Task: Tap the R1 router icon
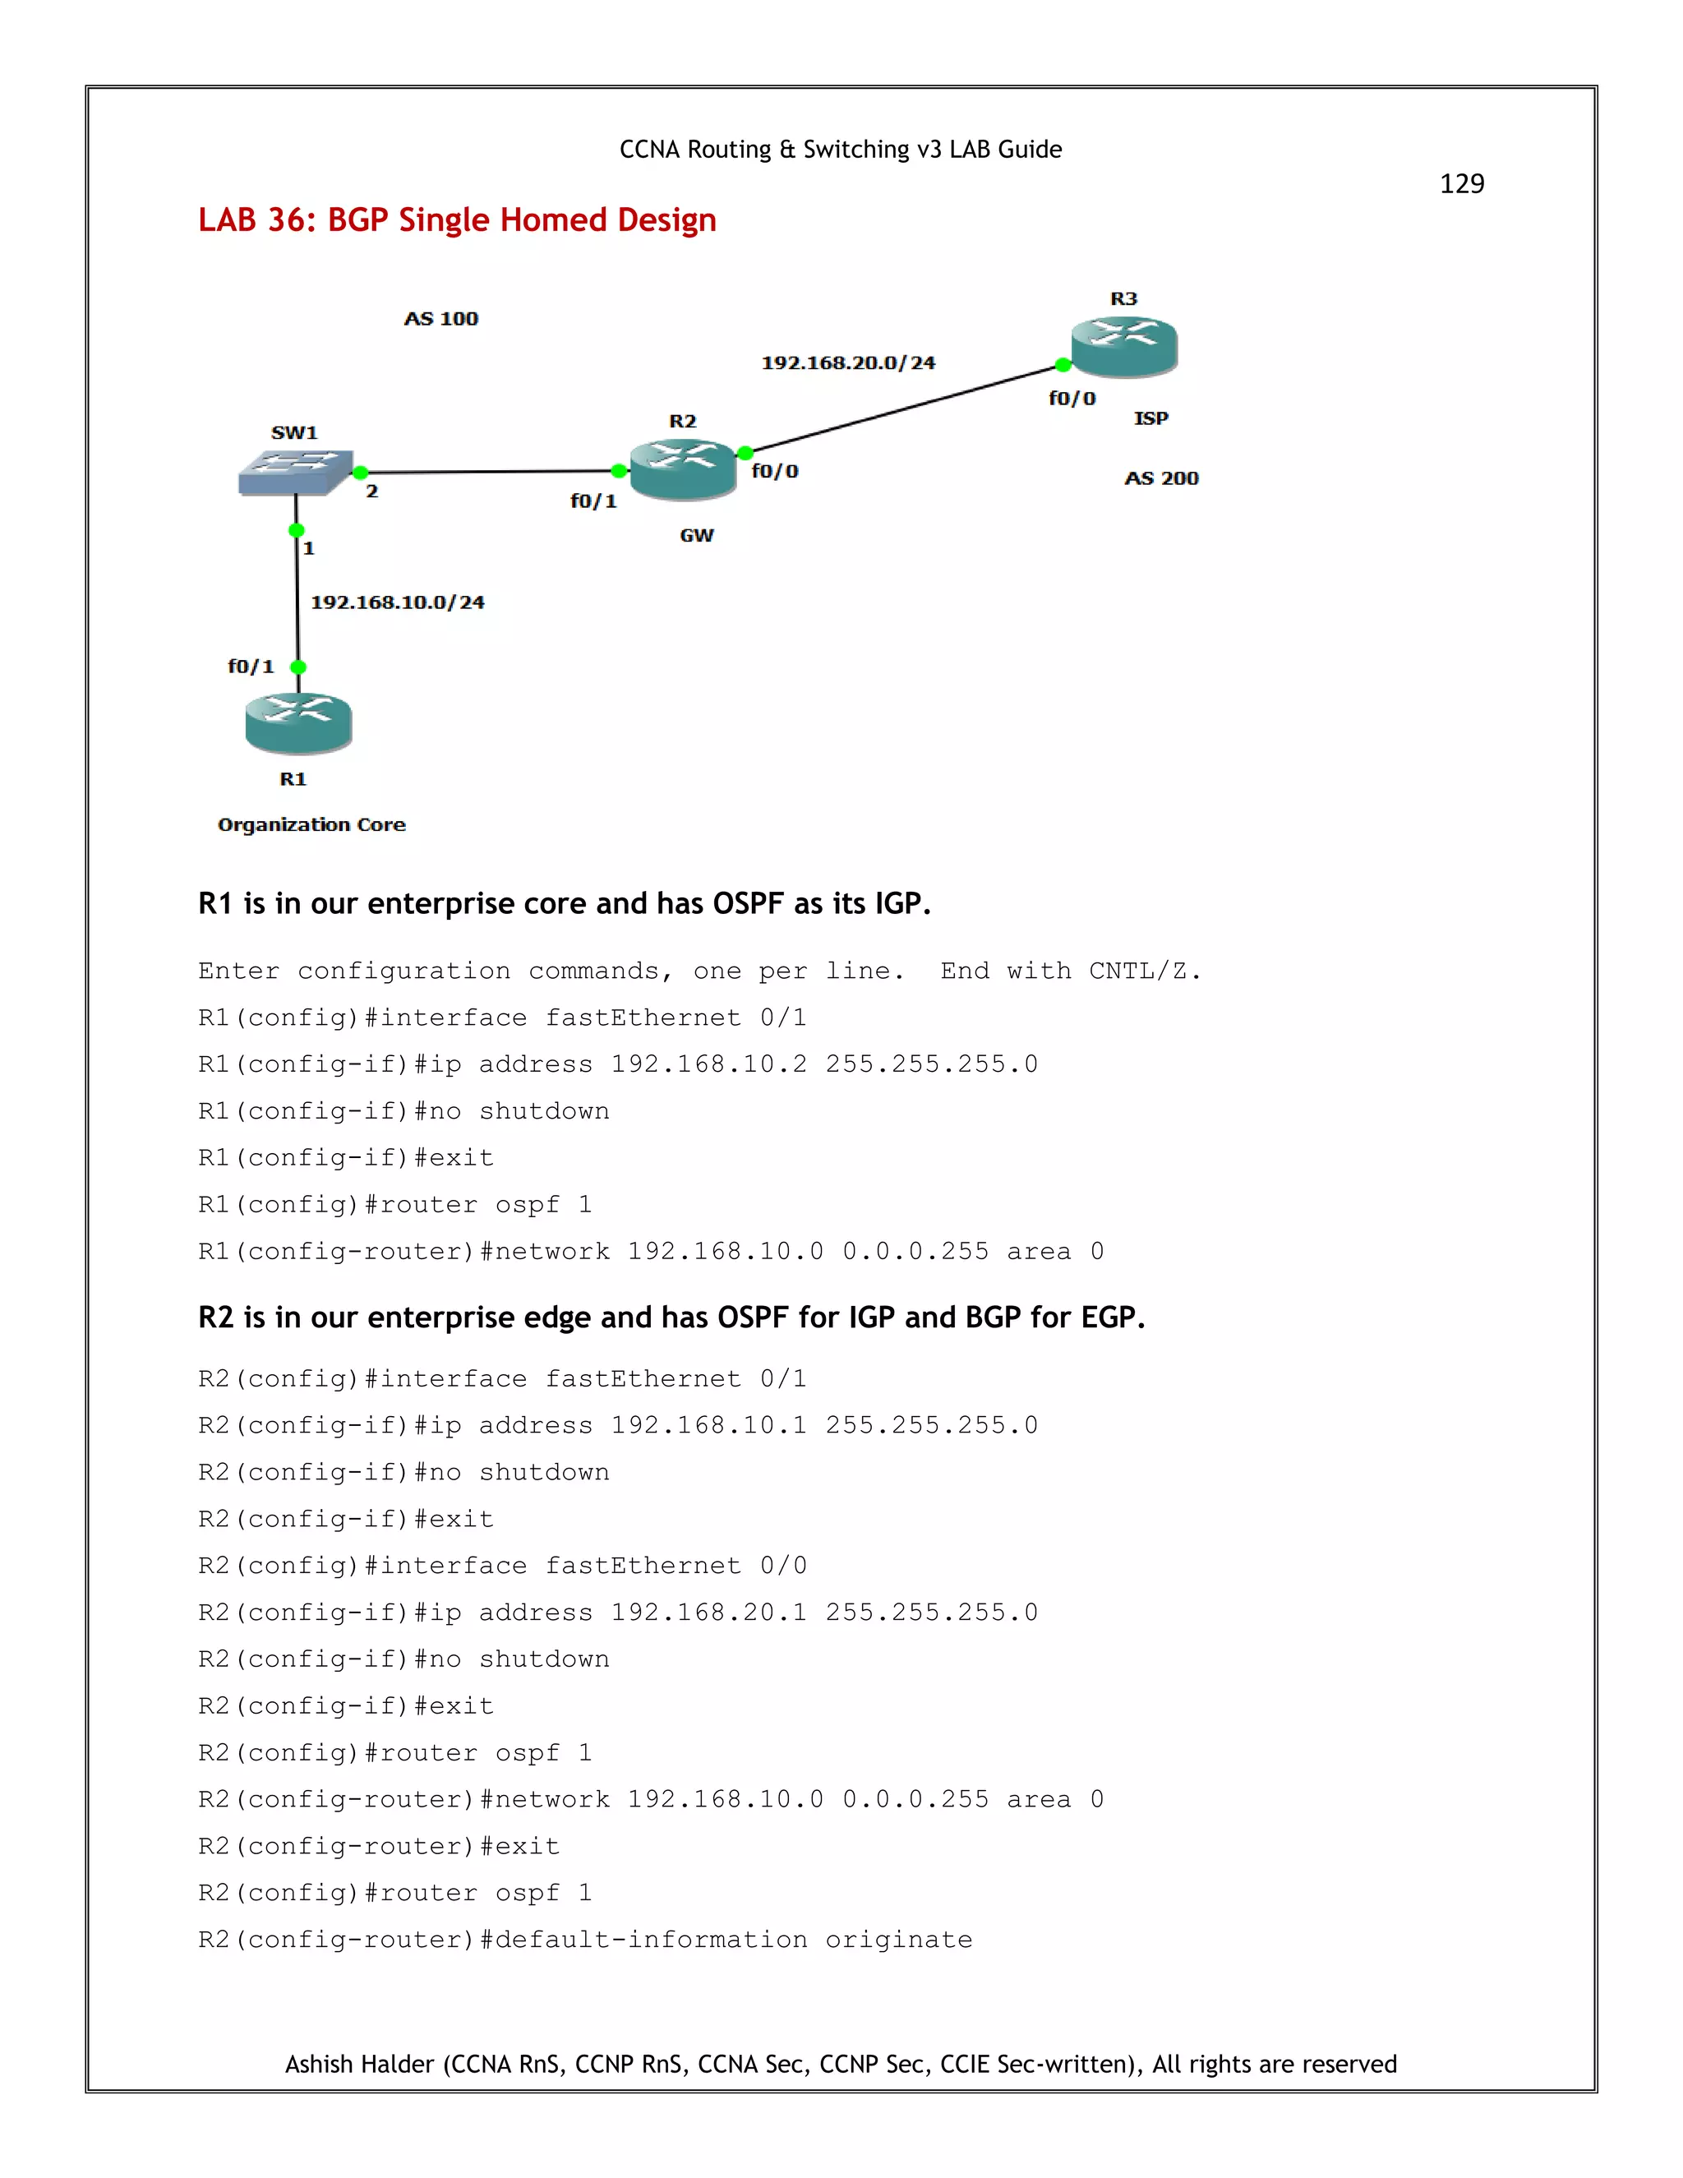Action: tap(298, 723)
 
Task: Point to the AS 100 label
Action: tap(440, 319)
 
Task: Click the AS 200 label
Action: tap(1161, 478)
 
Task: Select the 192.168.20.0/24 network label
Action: tap(847, 363)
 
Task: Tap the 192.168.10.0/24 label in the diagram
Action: tap(397, 602)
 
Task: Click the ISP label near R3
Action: tap(1150, 419)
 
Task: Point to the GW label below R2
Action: tap(697, 536)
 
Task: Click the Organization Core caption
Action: tap(311, 824)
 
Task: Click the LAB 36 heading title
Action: tap(457, 220)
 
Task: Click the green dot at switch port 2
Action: tap(361, 473)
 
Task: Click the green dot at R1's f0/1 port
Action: tap(298, 667)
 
